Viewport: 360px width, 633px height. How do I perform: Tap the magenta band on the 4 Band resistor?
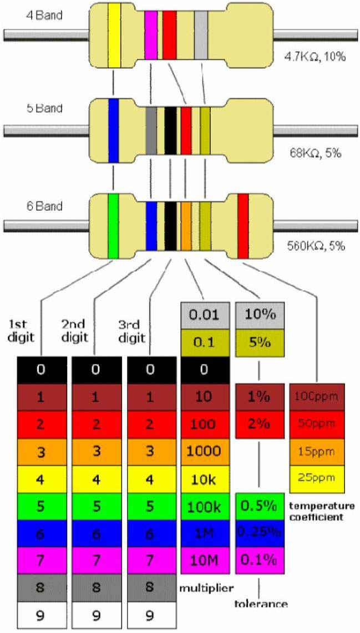[150, 34]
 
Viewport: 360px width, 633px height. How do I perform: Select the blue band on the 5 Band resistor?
[114, 130]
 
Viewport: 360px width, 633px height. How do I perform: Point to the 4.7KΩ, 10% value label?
[313, 56]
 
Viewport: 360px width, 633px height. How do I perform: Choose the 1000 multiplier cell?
[205, 451]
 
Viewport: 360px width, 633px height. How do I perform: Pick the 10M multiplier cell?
[205, 560]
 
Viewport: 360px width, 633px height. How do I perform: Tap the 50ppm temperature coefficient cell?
[317, 424]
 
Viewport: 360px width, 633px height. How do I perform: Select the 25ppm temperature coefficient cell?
[317, 478]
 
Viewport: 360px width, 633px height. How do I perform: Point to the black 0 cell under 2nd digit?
[96, 370]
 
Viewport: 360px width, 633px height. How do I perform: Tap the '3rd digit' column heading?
[131, 331]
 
